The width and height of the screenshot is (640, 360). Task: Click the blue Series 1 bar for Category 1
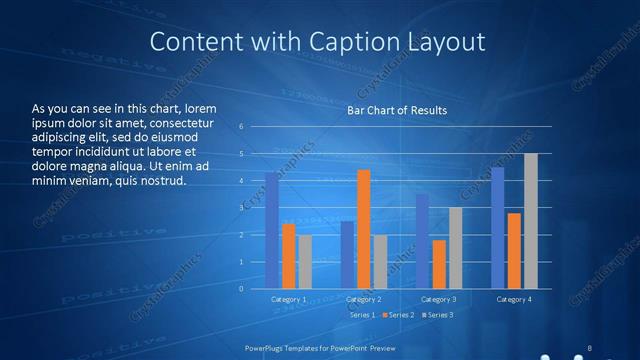[272, 231]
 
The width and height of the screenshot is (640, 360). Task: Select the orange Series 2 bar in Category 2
[363, 229]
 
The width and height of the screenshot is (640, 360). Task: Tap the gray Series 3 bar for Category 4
[531, 221]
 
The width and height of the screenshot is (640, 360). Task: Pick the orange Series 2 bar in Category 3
[439, 264]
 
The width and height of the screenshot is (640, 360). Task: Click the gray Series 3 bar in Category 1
[305, 262]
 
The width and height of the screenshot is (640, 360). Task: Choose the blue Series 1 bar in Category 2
[347, 255]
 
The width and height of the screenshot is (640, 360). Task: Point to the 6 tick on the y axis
[242, 127]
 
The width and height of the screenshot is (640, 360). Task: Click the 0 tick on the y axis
[242, 289]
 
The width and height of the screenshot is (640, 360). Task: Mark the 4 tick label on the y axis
[242, 181]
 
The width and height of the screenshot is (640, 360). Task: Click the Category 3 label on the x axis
[438, 299]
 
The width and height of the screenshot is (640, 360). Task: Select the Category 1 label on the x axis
[289, 299]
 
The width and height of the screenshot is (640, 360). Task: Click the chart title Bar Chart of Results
[397, 110]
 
